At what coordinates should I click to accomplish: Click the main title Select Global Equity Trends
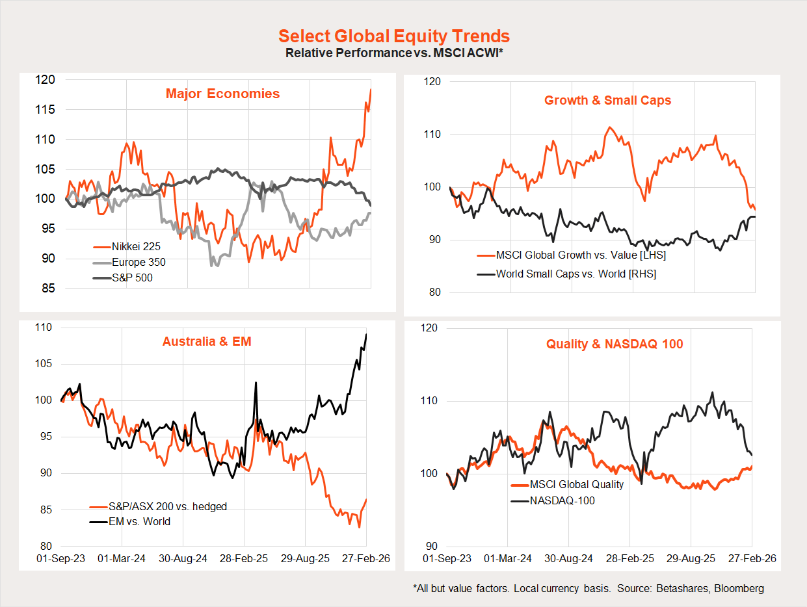click(394, 36)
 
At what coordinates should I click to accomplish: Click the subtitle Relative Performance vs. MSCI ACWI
click(394, 53)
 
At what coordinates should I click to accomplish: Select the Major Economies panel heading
click(222, 94)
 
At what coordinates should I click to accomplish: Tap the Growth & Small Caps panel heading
click(607, 100)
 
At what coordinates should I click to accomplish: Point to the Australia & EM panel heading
click(207, 341)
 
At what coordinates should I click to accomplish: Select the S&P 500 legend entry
click(132, 278)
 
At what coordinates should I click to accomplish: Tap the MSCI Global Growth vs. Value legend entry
click(581, 255)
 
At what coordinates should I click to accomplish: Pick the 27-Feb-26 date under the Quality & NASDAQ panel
click(752, 558)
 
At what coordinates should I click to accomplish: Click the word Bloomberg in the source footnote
click(734, 589)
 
